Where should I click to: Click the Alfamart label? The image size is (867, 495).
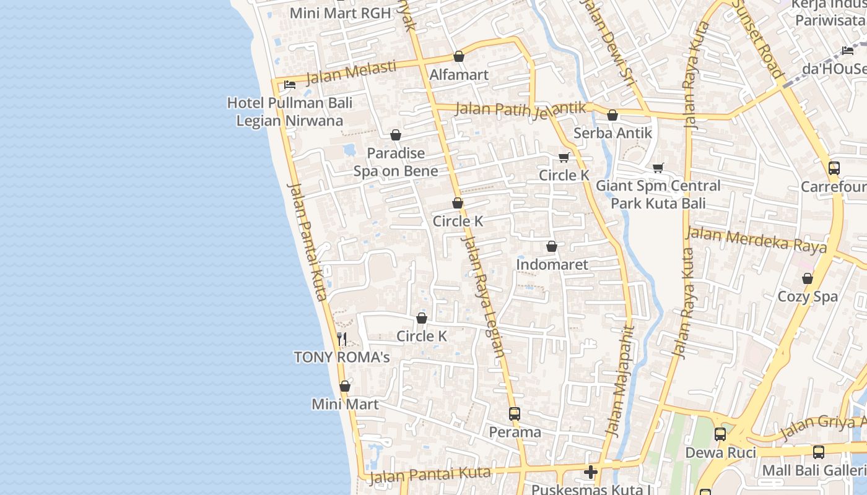tap(459, 75)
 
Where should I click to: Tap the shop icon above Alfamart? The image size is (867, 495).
tap(459, 56)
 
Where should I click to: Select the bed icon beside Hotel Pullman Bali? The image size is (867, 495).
tap(289, 85)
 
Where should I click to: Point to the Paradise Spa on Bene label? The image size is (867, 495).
tap(396, 162)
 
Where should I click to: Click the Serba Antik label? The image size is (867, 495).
tap(612, 133)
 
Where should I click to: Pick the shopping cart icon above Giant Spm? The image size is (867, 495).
tap(658, 168)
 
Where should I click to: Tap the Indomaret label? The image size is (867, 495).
tap(552, 264)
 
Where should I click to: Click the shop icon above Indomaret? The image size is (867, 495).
tap(552, 246)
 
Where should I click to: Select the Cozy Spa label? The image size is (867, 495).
tap(808, 296)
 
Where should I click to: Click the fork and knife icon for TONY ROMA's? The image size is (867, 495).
tap(342, 338)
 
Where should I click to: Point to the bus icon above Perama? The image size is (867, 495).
tap(515, 413)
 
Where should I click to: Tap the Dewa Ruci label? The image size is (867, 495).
tap(720, 452)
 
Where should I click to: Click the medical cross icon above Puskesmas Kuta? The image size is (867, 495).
tap(591, 473)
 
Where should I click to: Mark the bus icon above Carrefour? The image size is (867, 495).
tap(834, 168)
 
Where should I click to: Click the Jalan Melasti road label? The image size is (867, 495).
tap(351, 73)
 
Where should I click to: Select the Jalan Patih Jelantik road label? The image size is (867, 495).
tap(520, 109)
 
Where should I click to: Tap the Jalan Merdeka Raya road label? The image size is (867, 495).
tap(756, 240)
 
